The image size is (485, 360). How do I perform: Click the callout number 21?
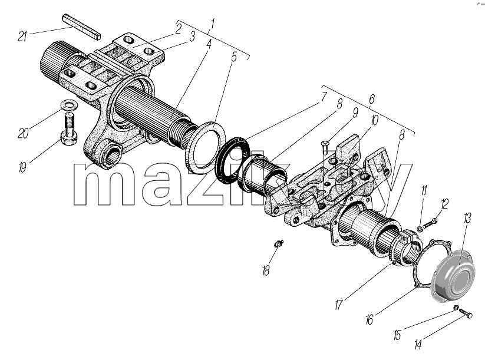(22, 36)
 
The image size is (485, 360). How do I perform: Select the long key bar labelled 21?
(82, 27)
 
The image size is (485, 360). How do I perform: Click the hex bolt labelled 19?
(70, 129)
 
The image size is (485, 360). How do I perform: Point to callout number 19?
(22, 167)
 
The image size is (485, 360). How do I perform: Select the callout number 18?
(266, 270)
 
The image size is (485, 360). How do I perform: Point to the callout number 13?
(467, 218)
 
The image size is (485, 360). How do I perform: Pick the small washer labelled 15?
(456, 308)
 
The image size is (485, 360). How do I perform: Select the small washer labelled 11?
(420, 229)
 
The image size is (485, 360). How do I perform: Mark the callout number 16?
(369, 319)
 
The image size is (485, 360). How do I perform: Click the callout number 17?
(339, 305)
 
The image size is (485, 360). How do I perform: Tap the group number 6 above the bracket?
(372, 99)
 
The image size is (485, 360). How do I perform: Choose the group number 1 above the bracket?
(213, 24)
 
